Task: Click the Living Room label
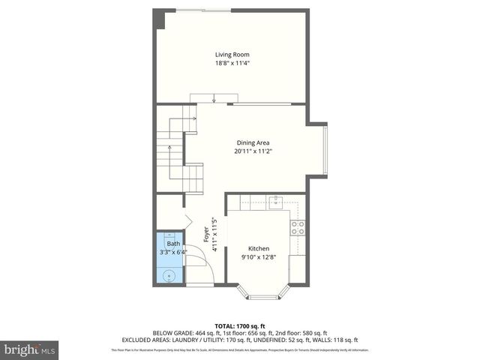(x=232, y=55)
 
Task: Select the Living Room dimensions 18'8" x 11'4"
(x=232, y=64)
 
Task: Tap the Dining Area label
(x=253, y=142)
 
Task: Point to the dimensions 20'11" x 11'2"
(x=253, y=151)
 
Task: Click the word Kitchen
(x=259, y=248)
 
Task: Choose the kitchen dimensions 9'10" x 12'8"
(x=259, y=257)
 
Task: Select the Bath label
(x=173, y=244)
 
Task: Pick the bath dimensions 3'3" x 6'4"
(x=173, y=253)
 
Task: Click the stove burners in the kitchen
(x=298, y=227)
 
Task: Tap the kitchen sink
(x=275, y=201)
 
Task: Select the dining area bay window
(x=325, y=148)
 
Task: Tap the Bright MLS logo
(x=30, y=349)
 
